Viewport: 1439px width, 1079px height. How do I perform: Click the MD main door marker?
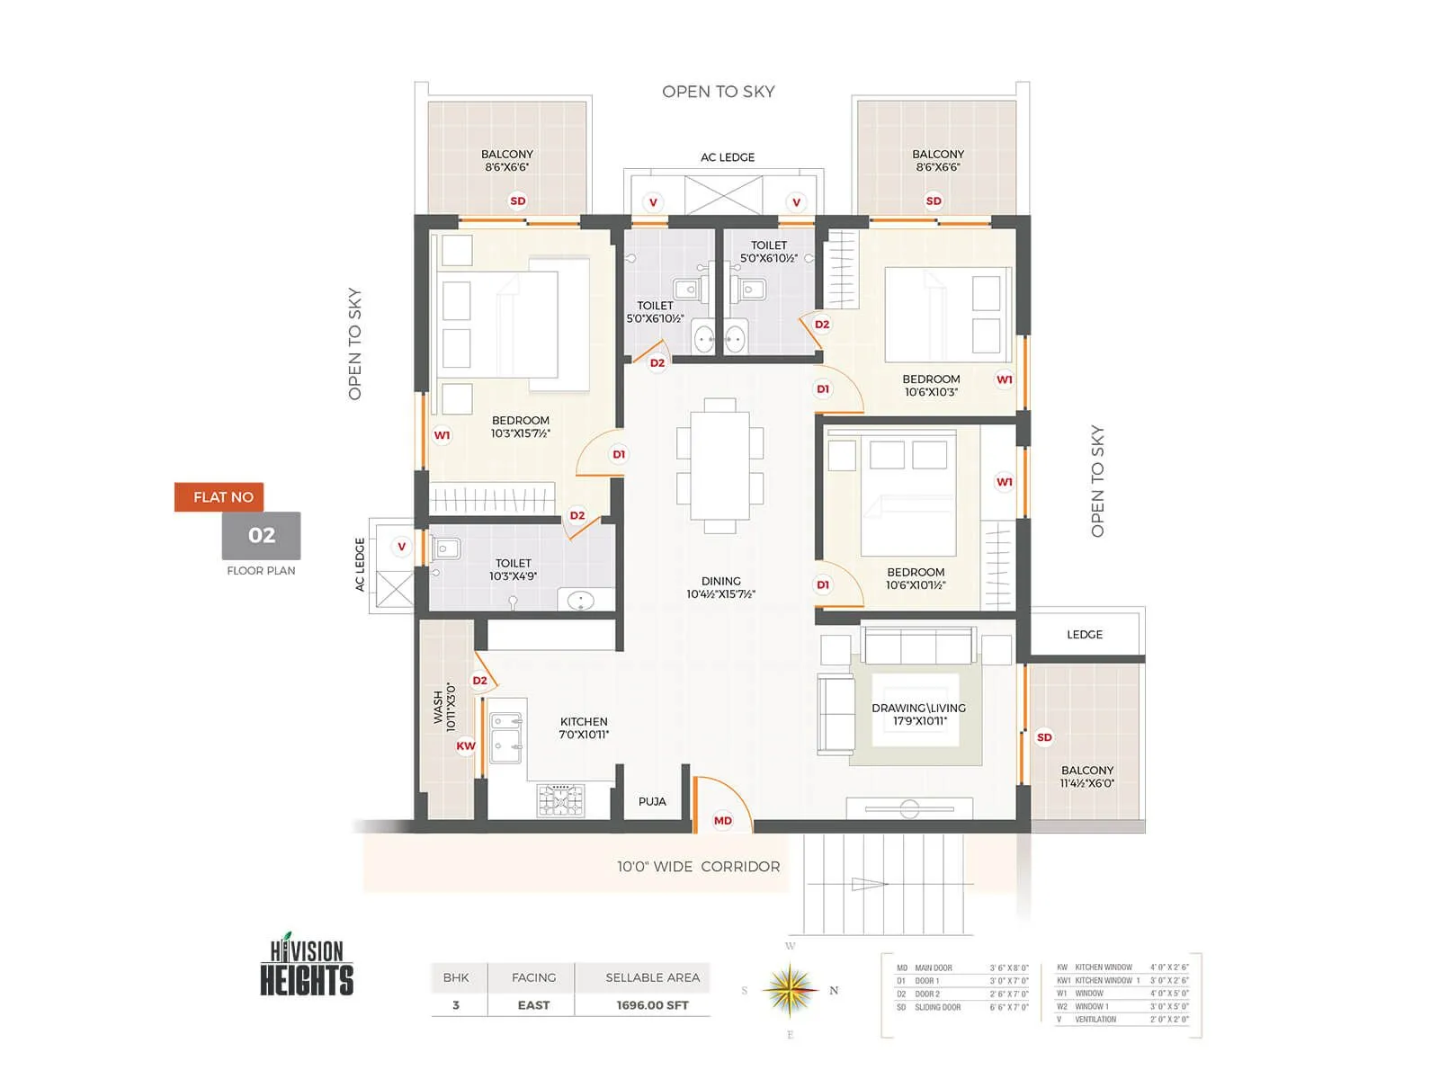click(x=723, y=820)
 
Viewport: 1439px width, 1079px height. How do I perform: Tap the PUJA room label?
click(x=652, y=801)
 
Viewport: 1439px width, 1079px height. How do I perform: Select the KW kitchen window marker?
click(x=466, y=745)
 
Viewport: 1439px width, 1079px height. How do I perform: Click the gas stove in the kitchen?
click(x=560, y=799)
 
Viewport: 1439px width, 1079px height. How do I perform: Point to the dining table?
click(x=719, y=465)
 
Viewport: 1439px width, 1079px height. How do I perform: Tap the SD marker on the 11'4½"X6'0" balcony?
click(x=1044, y=737)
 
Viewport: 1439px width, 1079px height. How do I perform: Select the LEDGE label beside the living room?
click(x=1085, y=634)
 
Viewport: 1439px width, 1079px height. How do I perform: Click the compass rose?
click(x=790, y=990)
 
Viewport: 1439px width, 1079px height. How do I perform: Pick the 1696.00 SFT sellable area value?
click(x=652, y=1005)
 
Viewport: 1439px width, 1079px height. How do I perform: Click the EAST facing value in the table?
click(x=533, y=1005)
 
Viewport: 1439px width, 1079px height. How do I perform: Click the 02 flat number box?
click(x=262, y=536)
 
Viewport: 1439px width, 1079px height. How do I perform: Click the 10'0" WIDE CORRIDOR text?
click(x=698, y=867)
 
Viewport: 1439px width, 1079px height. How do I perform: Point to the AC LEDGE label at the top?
click(x=728, y=157)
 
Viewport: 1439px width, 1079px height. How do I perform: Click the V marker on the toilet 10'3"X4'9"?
click(x=402, y=546)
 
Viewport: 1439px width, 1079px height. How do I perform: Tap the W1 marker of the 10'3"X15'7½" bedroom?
click(x=442, y=435)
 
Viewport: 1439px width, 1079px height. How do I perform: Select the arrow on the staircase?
click(x=869, y=884)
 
